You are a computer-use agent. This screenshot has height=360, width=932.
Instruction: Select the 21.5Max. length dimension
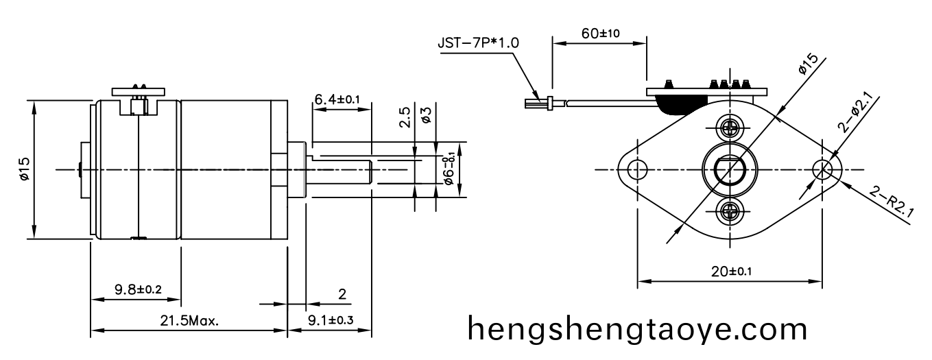tap(189, 320)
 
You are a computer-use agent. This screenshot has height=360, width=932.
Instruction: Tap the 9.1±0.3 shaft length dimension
tap(330, 320)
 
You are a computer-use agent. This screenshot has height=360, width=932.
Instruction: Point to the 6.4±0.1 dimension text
tap(337, 101)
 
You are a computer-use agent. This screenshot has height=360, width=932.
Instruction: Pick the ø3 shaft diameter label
tap(426, 115)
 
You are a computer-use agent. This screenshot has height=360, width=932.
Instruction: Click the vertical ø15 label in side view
tap(25, 169)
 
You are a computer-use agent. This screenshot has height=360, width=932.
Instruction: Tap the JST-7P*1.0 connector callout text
tap(478, 43)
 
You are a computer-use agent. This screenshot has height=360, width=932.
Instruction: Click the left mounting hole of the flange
tap(638, 169)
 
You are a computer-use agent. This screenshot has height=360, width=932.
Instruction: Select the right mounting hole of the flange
tap(822, 169)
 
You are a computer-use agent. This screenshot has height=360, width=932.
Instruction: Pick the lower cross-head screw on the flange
tap(729, 211)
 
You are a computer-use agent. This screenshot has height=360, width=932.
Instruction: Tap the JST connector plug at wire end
tap(539, 104)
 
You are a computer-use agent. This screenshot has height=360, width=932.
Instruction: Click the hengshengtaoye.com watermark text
tap(637, 329)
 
